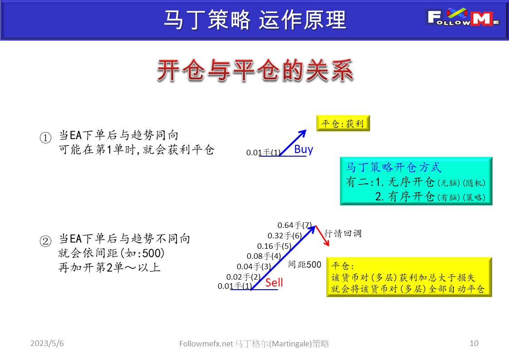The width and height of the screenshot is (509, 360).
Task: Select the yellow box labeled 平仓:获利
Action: pos(343,123)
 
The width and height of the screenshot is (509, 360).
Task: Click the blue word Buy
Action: pos(303,149)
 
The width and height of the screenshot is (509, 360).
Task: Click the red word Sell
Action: pos(274,282)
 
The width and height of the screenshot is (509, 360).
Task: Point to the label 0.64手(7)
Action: pos(295,225)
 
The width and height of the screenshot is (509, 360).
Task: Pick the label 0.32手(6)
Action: pos(284,236)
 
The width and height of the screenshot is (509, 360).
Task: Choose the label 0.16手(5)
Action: pos(274,246)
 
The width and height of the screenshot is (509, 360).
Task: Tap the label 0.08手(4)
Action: pos(264,256)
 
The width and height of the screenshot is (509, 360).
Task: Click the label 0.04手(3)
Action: pos(254,266)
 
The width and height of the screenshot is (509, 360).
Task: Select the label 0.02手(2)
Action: pos(244,276)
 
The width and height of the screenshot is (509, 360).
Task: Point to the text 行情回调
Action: pos(343,234)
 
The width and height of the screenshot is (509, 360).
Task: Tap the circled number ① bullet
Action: pos(46,138)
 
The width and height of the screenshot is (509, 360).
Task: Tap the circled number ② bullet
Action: pos(46,242)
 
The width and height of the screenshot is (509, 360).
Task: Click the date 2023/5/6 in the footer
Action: pos(47,344)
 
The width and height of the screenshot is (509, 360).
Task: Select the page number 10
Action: pos(474,344)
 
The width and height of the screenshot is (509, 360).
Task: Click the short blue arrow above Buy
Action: pos(293,142)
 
